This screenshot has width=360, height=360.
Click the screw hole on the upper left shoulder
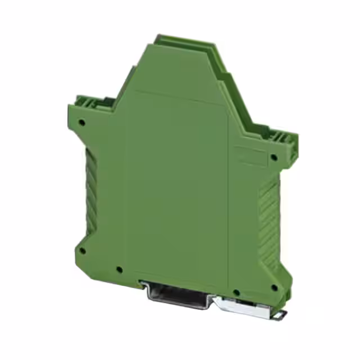coord(82,121)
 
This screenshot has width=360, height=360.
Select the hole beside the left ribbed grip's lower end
coord(82,251)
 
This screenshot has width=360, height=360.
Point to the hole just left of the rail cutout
coord(119,269)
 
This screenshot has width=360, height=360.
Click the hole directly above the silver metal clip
coord(237,292)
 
